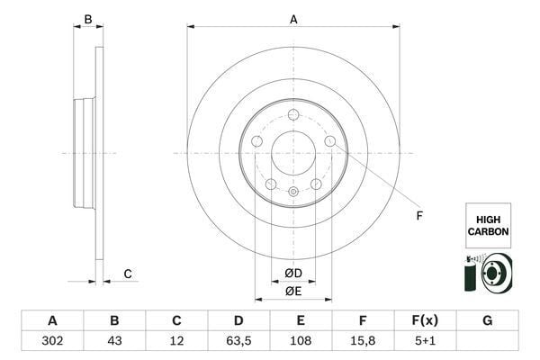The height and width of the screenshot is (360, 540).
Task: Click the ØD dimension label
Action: [x=293, y=274]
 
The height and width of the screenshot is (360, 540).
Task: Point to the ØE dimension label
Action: [x=293, y=291]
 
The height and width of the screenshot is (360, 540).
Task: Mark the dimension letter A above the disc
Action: [x=293, y=18]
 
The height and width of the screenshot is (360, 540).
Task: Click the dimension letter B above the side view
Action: [x=87, y=19]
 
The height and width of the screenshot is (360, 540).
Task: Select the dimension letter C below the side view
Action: [x=128, y=274]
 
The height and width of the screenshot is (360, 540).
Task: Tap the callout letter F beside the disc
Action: [x=418, y=215]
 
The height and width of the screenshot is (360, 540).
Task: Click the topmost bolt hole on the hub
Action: [x=293, y=114]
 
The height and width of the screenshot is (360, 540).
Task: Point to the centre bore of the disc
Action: [x=293, y=153]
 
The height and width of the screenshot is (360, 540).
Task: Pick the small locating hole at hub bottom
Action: [x=293, y=191]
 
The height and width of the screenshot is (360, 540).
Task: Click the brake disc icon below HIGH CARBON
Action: [x=487, y=274]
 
